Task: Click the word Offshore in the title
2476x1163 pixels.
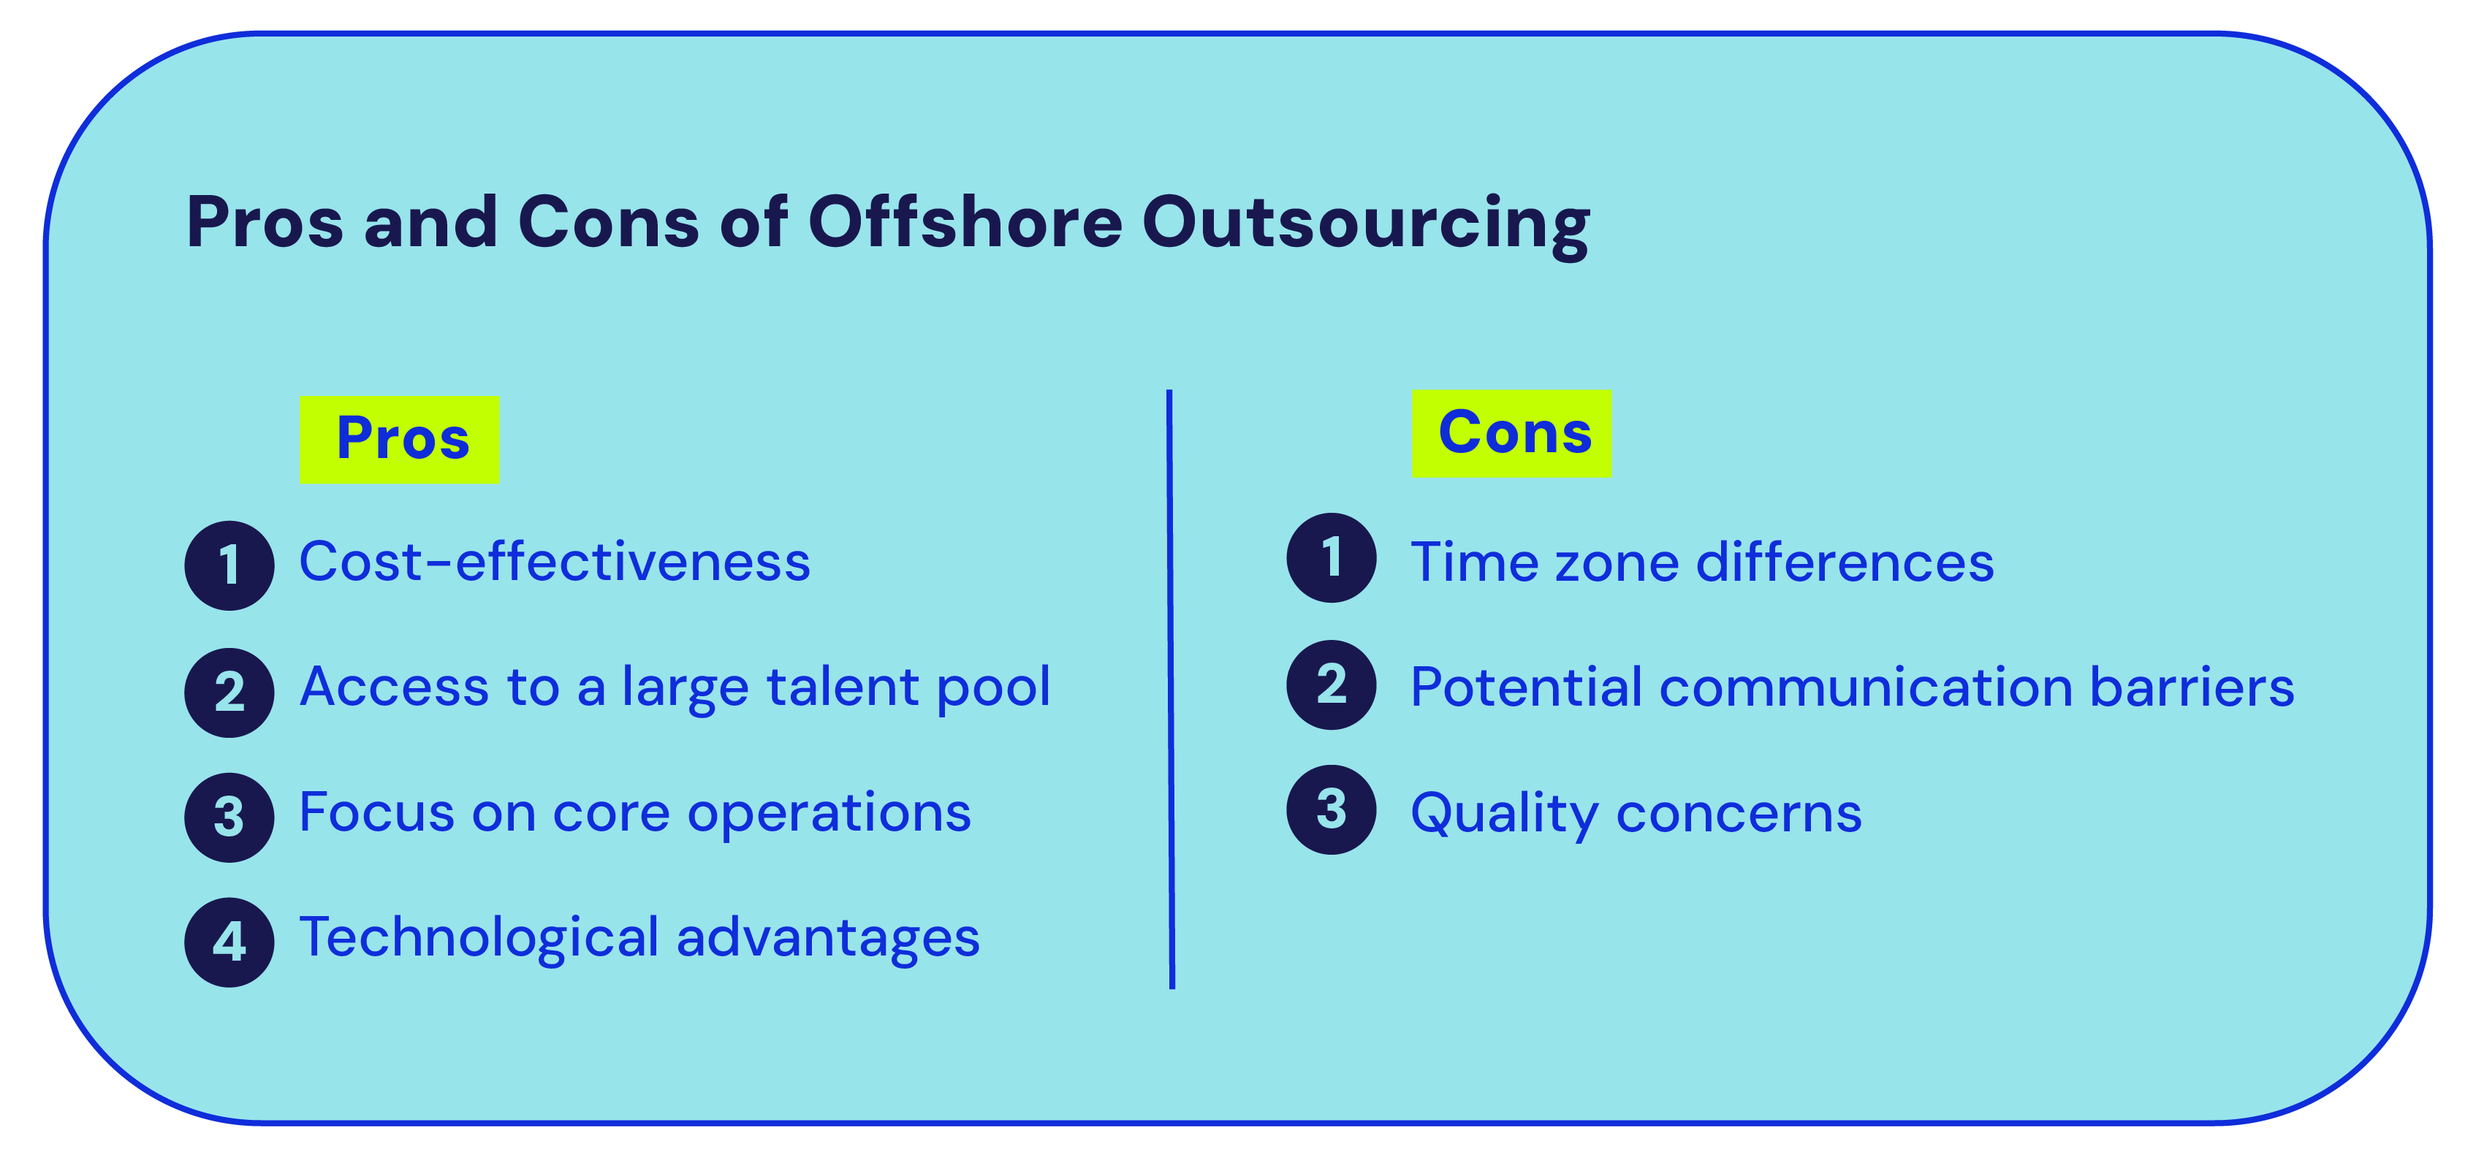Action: click(x=965, y=222)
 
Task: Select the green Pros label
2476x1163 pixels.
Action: click(x=399, y=439)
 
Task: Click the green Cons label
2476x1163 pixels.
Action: click(x=1512, y=433)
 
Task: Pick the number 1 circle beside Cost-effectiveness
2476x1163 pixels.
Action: click(x=229, y=565)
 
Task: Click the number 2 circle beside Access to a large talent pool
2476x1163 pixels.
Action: click(x=229, y=692)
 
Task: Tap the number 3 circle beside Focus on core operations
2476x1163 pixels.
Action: click(x=229, y=817)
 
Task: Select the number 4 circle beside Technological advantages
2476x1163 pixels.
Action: click(x=229, y=942)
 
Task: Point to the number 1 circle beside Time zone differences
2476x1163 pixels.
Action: click(x=1332, y=557)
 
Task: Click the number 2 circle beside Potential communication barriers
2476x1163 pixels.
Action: click(x=1332, y=685)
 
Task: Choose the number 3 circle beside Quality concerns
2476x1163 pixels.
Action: click(x=1332, y=809)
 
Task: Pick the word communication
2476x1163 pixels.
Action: click(x=1866, y=687)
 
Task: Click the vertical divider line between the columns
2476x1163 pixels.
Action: click(x=1171, y=688)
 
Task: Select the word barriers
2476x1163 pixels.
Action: click(x=2192, y=687)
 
